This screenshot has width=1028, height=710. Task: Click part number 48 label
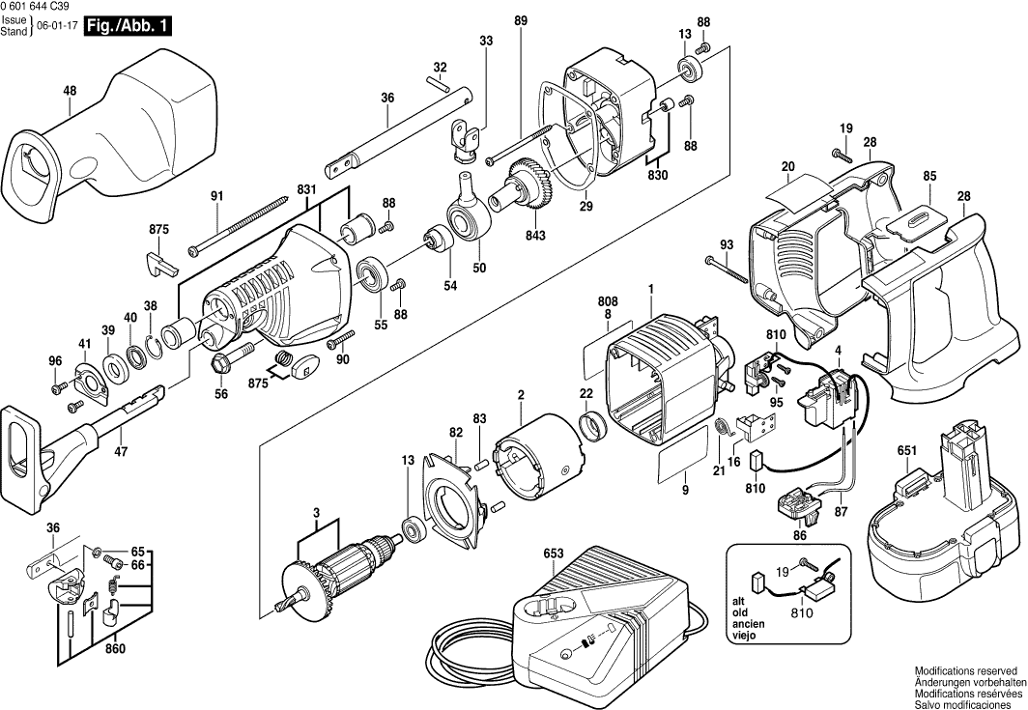coord(70,91)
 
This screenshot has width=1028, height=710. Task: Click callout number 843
coord(535,235)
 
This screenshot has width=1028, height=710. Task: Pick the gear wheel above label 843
coord(529,182)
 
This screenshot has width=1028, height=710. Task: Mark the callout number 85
coord(929,176)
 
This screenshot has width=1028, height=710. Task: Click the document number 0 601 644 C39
coord(43,7)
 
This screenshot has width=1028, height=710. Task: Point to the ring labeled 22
coord(590,424)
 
